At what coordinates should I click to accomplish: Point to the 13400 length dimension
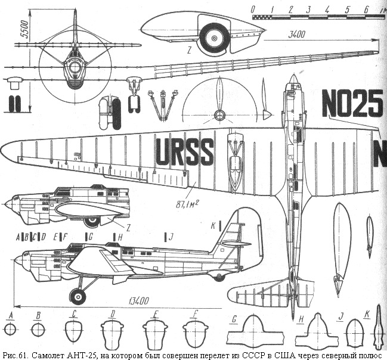[137, 301]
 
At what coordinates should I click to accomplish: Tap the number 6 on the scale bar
[364, 8]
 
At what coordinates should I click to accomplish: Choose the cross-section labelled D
[112, 330]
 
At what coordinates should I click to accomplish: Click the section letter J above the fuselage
[171, 237]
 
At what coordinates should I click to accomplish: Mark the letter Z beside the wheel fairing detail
[188, 51]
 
